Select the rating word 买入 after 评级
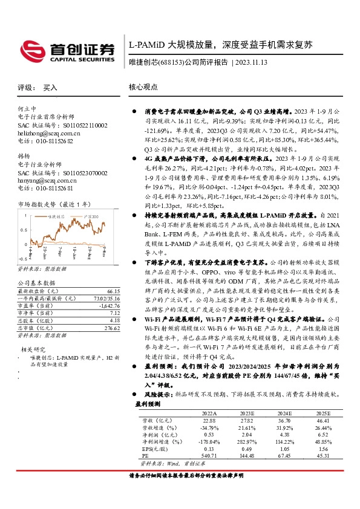[x=50, y=88]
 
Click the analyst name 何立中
[x=27, y=109]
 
